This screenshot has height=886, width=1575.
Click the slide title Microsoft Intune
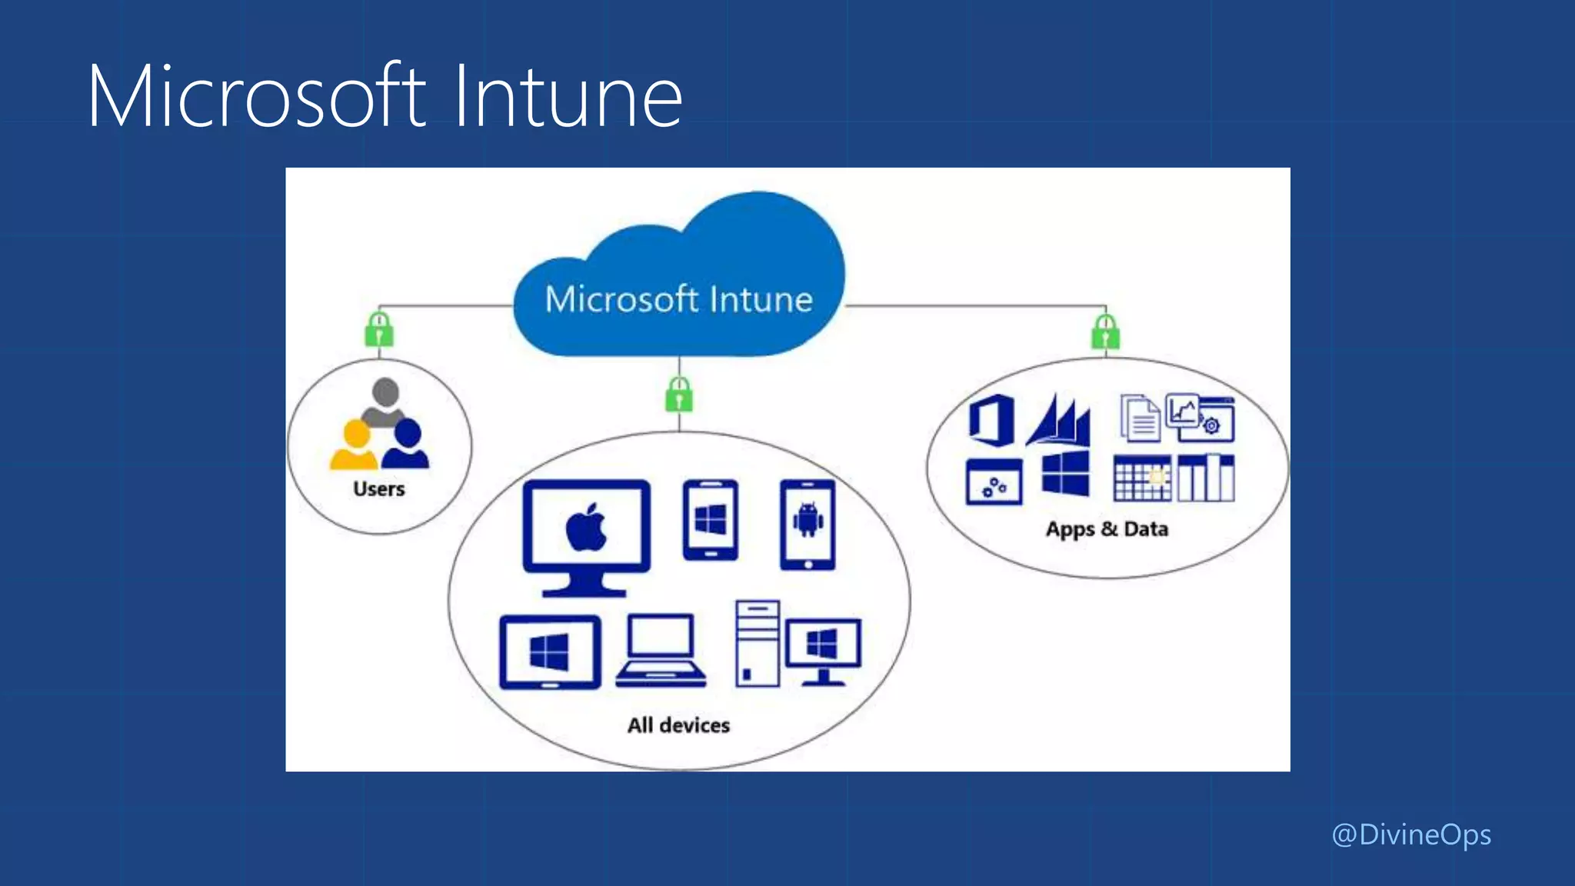click(385, 97)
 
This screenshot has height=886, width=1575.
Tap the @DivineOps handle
click(1411, 835)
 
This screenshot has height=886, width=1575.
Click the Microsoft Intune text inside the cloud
click(678, 299)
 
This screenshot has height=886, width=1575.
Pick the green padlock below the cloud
click(679, 395)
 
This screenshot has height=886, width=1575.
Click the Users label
click(379, 489)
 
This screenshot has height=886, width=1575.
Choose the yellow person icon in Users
click(355, 445)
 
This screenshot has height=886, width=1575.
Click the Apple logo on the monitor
click(586, 528)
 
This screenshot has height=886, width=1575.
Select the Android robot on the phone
click(807, 520)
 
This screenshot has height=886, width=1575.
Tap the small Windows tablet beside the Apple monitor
click(711, 520)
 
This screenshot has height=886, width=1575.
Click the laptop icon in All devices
click(661, 650)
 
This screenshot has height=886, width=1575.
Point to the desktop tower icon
click(758, 643)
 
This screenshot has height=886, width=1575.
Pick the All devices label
click(678, 725)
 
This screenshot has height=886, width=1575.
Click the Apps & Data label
click(1107, 529)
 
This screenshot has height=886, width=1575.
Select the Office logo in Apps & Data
click(991, 420)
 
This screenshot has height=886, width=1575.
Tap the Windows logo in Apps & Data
click(1065, 474)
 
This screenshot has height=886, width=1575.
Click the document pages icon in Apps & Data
click(1140, 418)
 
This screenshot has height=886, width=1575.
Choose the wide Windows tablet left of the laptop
click(550, 652)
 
